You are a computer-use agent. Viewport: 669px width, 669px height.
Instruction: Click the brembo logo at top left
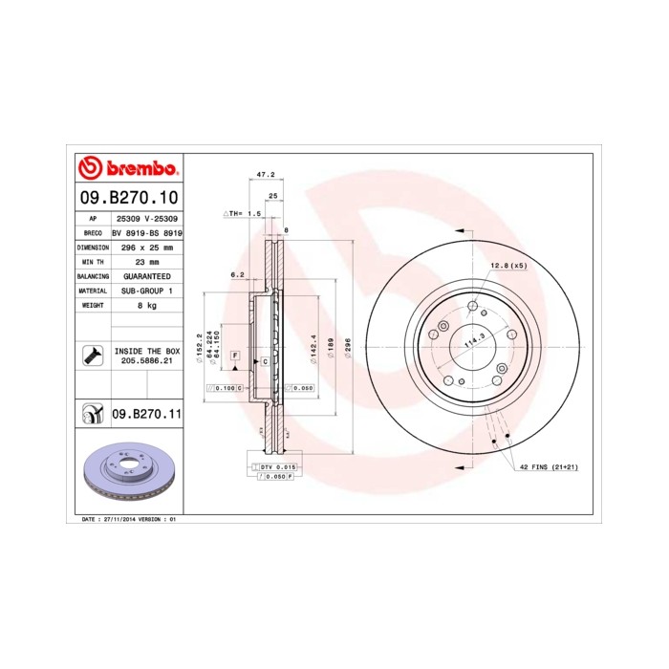coord(127,169)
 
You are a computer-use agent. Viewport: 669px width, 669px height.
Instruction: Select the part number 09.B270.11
coord(146,415)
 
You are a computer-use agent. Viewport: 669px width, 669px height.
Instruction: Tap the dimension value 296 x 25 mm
coord(147,247)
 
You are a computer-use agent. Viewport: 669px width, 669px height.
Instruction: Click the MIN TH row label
coord(93,261)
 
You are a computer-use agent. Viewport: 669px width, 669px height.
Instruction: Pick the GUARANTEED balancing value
coord(147,275)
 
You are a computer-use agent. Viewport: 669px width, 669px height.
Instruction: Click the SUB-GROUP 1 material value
coord(147,290)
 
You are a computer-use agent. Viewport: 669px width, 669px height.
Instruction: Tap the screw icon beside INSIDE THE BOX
coord(93,356)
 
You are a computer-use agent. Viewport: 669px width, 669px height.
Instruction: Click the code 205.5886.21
coord(147,362)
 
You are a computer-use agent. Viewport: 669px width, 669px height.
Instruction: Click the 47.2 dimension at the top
coord(267,175)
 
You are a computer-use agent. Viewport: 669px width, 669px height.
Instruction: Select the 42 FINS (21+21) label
coord(549,466)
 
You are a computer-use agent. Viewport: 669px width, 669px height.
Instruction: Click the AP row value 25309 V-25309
coord(147,219)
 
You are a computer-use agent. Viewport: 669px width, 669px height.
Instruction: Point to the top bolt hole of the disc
coord(472,306)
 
